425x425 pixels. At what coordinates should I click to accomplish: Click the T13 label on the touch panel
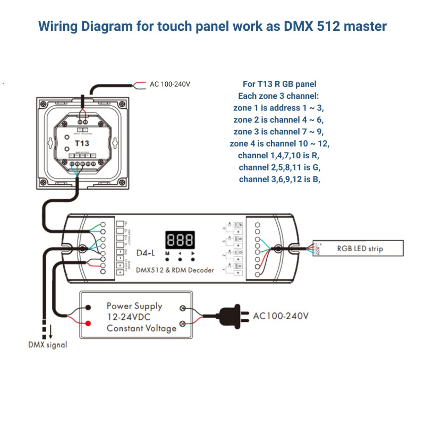[82, 143]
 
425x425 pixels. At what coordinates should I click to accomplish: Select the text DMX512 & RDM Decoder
[175, 270]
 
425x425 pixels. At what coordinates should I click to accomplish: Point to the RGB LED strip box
[360, 248]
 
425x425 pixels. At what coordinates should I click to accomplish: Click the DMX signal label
[48, 345]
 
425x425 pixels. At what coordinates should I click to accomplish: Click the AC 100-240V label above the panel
[170, 84]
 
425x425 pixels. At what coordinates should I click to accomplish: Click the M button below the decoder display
[167, 260]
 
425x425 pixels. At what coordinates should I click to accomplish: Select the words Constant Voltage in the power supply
[141, 328]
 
